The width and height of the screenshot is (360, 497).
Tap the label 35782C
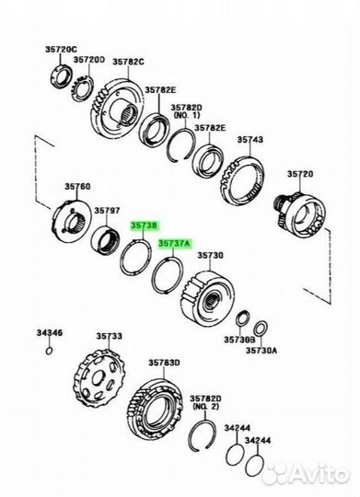(x=129, y=62)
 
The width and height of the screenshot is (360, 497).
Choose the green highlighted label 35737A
(x=174, y=244)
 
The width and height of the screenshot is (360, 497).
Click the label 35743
(x=250, y=140)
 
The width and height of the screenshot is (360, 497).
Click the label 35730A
(x=267, y=352)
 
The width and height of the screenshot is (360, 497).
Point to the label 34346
(x=50, y=331)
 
